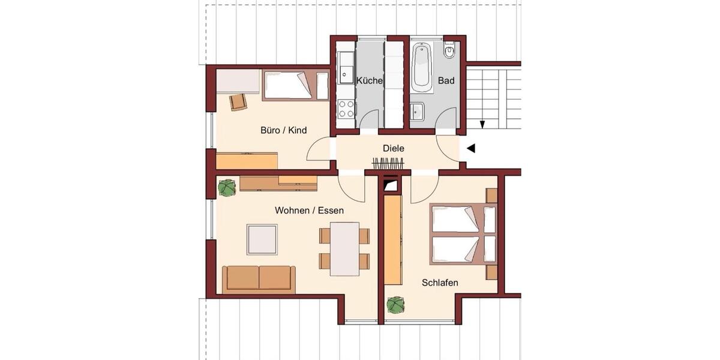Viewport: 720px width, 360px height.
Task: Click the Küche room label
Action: [370, 80]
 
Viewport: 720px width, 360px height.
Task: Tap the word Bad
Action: [446, 80]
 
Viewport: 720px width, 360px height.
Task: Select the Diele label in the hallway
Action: [394, 148]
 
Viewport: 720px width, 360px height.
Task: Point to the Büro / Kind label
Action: [284, 130]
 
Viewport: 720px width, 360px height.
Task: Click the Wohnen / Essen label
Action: [309, 211]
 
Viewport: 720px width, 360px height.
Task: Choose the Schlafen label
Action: [440, 283]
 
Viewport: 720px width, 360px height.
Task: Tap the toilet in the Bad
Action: [449, 51]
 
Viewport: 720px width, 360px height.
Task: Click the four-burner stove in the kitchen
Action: [346, 109]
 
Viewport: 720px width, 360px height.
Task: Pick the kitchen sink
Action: [346, 67]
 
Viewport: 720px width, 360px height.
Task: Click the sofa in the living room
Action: [259, 278]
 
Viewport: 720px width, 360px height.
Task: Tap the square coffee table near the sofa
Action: [262, 239]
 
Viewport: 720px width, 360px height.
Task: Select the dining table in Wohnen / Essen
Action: [344, 248]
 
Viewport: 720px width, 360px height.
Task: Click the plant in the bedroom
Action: [395, 305]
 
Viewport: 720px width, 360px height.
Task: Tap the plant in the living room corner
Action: [227, 188]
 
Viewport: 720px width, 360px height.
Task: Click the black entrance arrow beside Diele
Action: [471, 148]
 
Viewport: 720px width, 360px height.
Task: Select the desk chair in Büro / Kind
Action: [238, 102]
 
